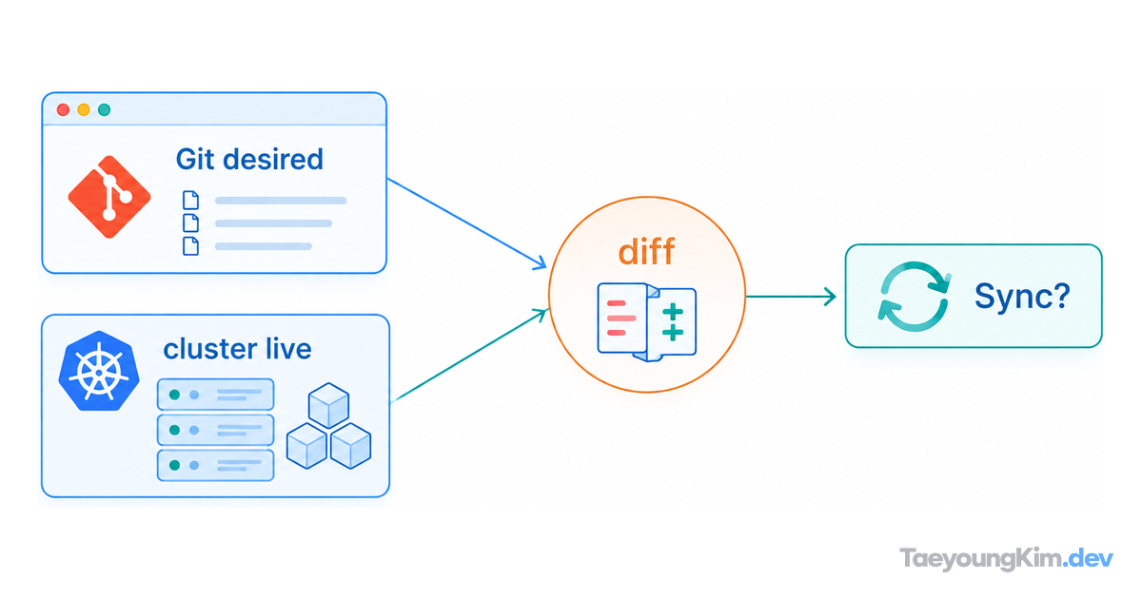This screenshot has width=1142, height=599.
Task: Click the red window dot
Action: click(63, 109)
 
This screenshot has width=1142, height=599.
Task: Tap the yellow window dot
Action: click(84, 109)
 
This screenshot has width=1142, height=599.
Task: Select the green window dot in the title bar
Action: click(105, 109)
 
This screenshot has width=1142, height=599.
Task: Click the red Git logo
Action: click(109, 197)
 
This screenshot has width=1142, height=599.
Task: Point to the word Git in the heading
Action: click(195, 159)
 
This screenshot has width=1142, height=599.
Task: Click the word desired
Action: click(273, 159)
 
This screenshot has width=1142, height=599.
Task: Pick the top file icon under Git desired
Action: click(190, 201)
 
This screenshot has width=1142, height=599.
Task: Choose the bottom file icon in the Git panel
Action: click(190, 246)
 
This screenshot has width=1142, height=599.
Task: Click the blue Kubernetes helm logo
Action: click(99, 371)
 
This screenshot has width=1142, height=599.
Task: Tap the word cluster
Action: click(209, 350)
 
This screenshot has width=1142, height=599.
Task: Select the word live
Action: click(288, 350)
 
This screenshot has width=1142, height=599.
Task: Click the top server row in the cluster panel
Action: click(216, 395)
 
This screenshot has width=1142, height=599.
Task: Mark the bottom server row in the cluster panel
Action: click(216, 465)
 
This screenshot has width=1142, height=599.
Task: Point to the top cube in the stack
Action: click(329, 405)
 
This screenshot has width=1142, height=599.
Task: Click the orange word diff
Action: click(646, 251)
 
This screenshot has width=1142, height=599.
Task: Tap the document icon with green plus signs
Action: click(672, 322)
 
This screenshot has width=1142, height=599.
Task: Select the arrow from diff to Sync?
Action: click(791, 297)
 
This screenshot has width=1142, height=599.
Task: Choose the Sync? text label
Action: click(1022, 296)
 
